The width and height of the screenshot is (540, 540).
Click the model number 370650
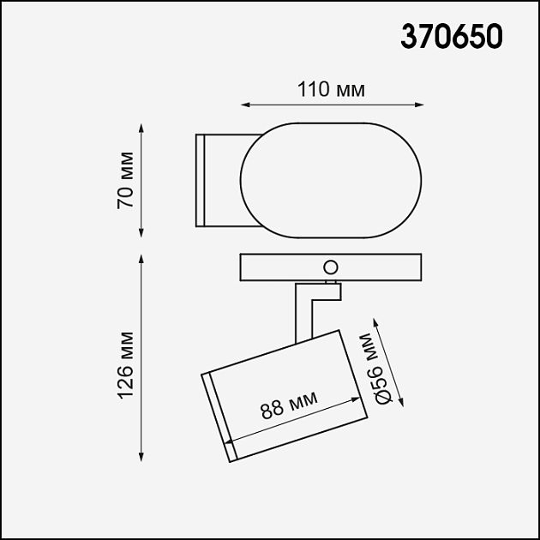pyautogui.click(x=452, y=37)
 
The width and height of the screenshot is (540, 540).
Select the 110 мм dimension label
pyautogui.click(x=332, y=90)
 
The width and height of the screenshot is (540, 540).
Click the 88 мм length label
pyautogui.click(x=289, y=404)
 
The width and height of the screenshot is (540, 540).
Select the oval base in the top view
pyautogui.click(x=332, y=180)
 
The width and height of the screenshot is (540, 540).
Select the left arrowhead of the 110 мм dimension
pyautogui.click(x=243, y=105)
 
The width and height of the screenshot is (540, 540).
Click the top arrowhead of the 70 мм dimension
pyautogui.click(x=141, y=126)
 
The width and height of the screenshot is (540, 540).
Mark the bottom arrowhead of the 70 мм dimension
pyautogui.click(x=141, y=234)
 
